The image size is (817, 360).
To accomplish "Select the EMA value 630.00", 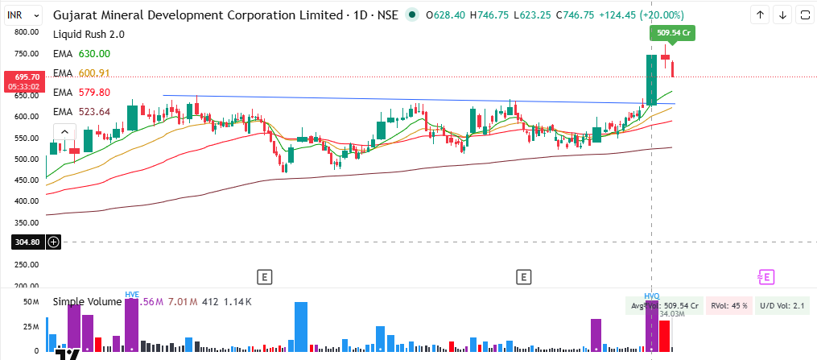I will tap(93, 54).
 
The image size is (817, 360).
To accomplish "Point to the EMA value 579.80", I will tap(93, 93).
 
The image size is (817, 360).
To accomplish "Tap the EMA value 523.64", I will tap(93, 112).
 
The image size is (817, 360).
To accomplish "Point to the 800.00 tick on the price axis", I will tap(27, 32).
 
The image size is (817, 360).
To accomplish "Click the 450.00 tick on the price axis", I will tap(27, 201).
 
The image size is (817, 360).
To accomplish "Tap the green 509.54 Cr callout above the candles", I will tap(672, 34).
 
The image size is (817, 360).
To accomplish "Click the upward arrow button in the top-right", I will tap(759, 15).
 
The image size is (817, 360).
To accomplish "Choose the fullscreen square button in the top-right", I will tap(804, 15).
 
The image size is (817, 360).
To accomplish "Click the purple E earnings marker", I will tap(765, 277).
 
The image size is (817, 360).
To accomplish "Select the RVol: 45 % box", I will tap(729, 306).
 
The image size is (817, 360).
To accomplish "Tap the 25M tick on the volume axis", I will tap(31, 327).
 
